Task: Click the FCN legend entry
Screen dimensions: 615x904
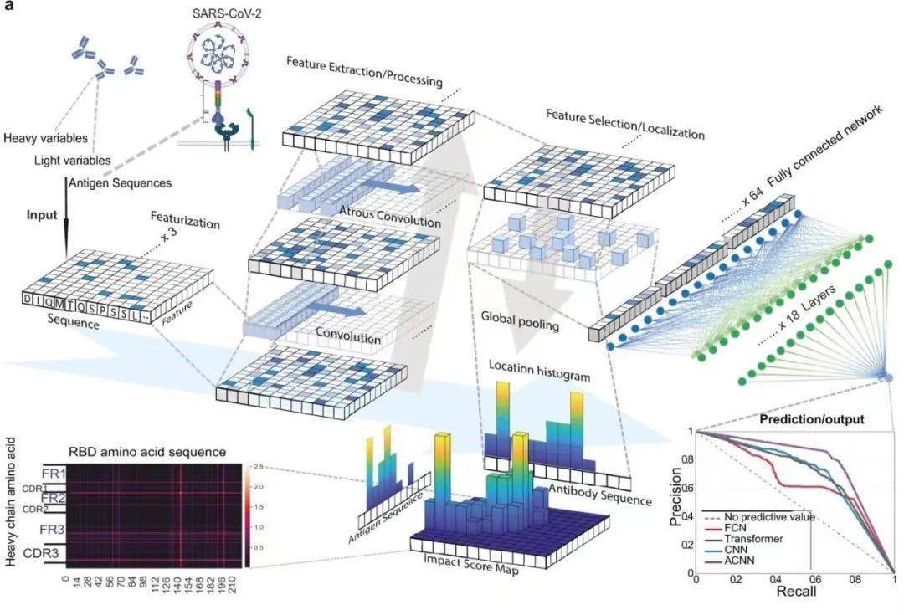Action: tap(736, 528)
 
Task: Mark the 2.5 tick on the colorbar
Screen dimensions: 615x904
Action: tap(259, 465)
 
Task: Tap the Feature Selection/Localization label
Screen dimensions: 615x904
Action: tap(625, 123)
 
